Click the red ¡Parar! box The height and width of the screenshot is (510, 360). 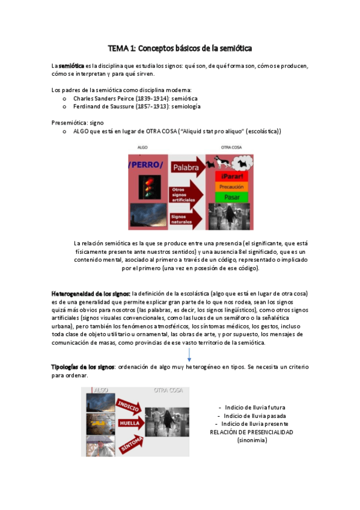pos(231,176)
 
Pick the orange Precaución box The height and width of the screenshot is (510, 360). pos(231,187)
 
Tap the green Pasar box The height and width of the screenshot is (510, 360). pos(231,197)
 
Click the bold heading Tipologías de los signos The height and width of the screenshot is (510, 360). pos(82,367)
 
